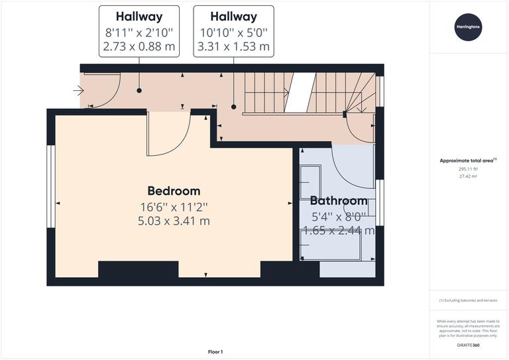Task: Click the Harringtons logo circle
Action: tap(469, 27)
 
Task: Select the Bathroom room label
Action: tap(339, 200)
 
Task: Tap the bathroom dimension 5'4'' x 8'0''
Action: tap(338, 216)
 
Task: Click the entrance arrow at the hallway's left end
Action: tap(78, 91)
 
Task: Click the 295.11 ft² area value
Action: tap(469, 169)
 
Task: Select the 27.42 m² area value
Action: tap(469, 177)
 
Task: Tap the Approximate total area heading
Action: tap(468, 160)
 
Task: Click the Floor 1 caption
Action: tap(215, 351)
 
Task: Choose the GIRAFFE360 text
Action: tap(469, 346)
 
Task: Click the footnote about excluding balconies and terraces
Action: tap(469, 301)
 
